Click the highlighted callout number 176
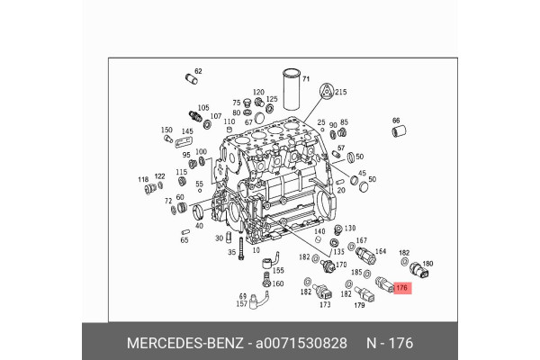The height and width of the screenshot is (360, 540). point(401,289)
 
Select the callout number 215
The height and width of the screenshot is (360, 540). point(340,92)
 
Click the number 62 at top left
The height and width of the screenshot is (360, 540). point(198,71)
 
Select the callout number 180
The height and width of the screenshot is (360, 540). point(427,264)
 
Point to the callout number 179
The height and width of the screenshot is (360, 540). point(359,305)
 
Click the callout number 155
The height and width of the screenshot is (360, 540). point(278,270)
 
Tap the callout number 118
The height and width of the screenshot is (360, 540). point(142,180)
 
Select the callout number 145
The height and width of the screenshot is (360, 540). point(186,130)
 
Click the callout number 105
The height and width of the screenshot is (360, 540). point(203,107)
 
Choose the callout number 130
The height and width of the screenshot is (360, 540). point(350,229)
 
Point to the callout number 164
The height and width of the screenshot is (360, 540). point(380,252)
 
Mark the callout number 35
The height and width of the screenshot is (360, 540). point(231,253)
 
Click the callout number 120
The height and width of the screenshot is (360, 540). point(258,92)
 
